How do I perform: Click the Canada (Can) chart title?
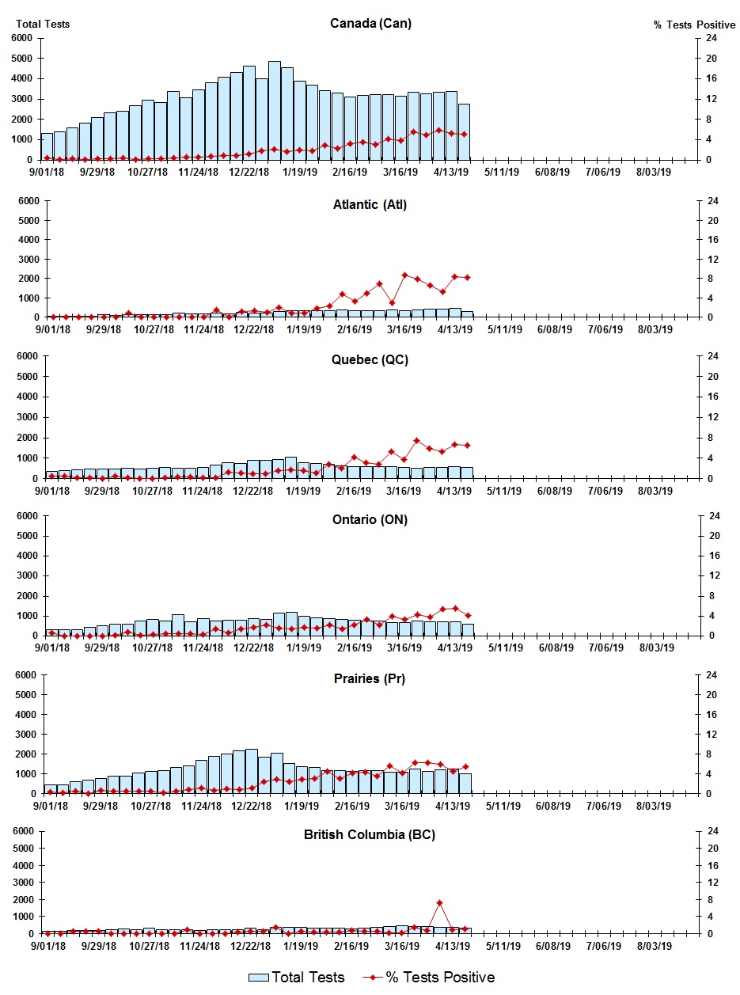pos(370,24)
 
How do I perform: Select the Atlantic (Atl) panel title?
pos(370,205)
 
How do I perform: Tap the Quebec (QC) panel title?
pos(370,360)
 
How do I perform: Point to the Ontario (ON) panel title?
pos(370,519)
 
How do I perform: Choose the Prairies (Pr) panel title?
pos(370,678)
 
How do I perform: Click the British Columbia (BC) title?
pos(370,834)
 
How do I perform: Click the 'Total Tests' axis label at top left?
pos(43,25)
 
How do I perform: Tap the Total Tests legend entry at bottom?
pos(297,978)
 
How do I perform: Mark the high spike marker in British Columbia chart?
pos(439,902)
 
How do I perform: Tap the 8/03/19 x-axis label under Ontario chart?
pos(656,648)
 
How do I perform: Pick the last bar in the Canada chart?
pos(464,131)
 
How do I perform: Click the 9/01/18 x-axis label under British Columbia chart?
pos(48,945)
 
